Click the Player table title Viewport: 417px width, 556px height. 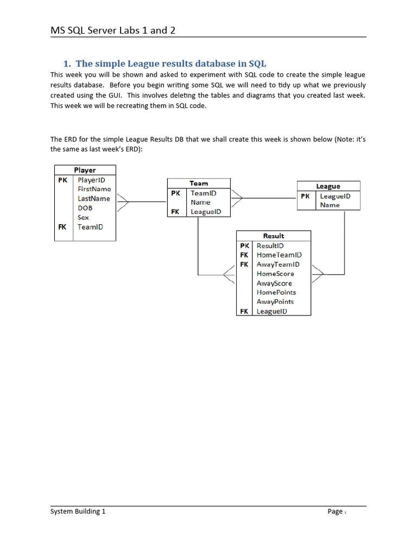(85, 170)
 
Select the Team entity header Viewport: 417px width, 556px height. (199, 184)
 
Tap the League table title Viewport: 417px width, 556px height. (328, 186)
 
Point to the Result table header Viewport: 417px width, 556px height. (273, 236)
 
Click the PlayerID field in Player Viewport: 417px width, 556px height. (91, 180)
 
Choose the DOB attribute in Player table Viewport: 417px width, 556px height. (85, 208)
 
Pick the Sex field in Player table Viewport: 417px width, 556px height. (83, 217)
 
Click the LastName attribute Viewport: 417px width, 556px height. (93, 199)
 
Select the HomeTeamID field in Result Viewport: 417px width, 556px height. (279, 255)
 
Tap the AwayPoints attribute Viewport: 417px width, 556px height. (275, 301)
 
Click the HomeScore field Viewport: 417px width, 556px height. (275, 274)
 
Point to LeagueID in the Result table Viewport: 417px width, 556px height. (271, 311)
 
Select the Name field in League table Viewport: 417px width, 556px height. (330, 205)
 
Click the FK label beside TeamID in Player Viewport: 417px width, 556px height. (62, 227)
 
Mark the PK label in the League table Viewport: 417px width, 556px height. (305, 196)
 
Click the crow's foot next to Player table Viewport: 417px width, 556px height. (122, 202)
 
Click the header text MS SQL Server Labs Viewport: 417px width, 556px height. (113, 30)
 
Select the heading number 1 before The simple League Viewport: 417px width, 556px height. (68, 64)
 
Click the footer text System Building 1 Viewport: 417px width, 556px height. (78, 511)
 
